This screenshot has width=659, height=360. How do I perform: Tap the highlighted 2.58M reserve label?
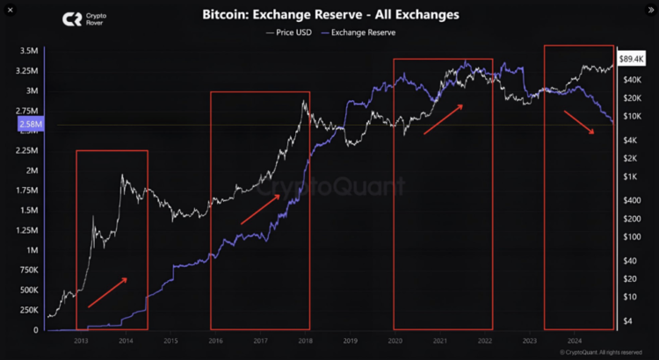click(x=29, y=125)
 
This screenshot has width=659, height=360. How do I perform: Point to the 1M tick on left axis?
click(x=32, y=250)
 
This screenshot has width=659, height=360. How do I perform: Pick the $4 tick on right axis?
click(x=627, y=320)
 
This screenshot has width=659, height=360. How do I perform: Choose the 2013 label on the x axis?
click(x=81, y=340)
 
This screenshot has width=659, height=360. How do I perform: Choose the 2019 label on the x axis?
click(x=351, y=340)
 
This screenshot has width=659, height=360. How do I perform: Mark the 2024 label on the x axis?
click(x=576, y=340)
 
